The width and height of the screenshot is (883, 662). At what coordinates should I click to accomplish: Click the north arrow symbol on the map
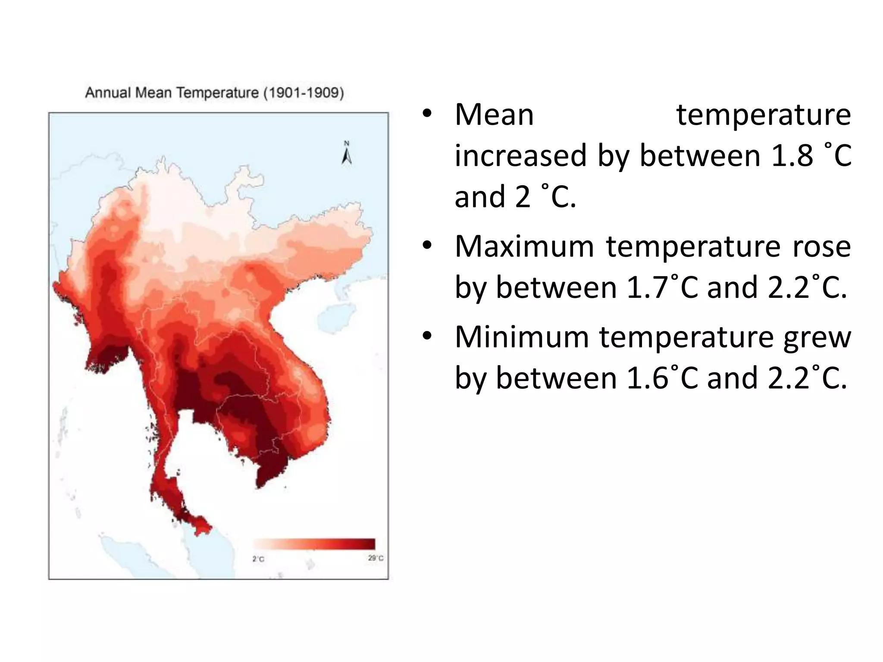[x=347, y=153]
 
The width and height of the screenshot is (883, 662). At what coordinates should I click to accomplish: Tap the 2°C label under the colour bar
[x=258, y=559]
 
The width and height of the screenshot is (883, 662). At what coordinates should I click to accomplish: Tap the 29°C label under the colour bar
[x=376, y=558]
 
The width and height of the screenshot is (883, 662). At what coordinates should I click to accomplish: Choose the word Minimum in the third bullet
[x=522, y=337]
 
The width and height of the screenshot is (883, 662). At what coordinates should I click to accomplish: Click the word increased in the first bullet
[x=521, y=156]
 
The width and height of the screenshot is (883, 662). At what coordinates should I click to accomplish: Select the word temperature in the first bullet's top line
[x=764, y=116]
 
